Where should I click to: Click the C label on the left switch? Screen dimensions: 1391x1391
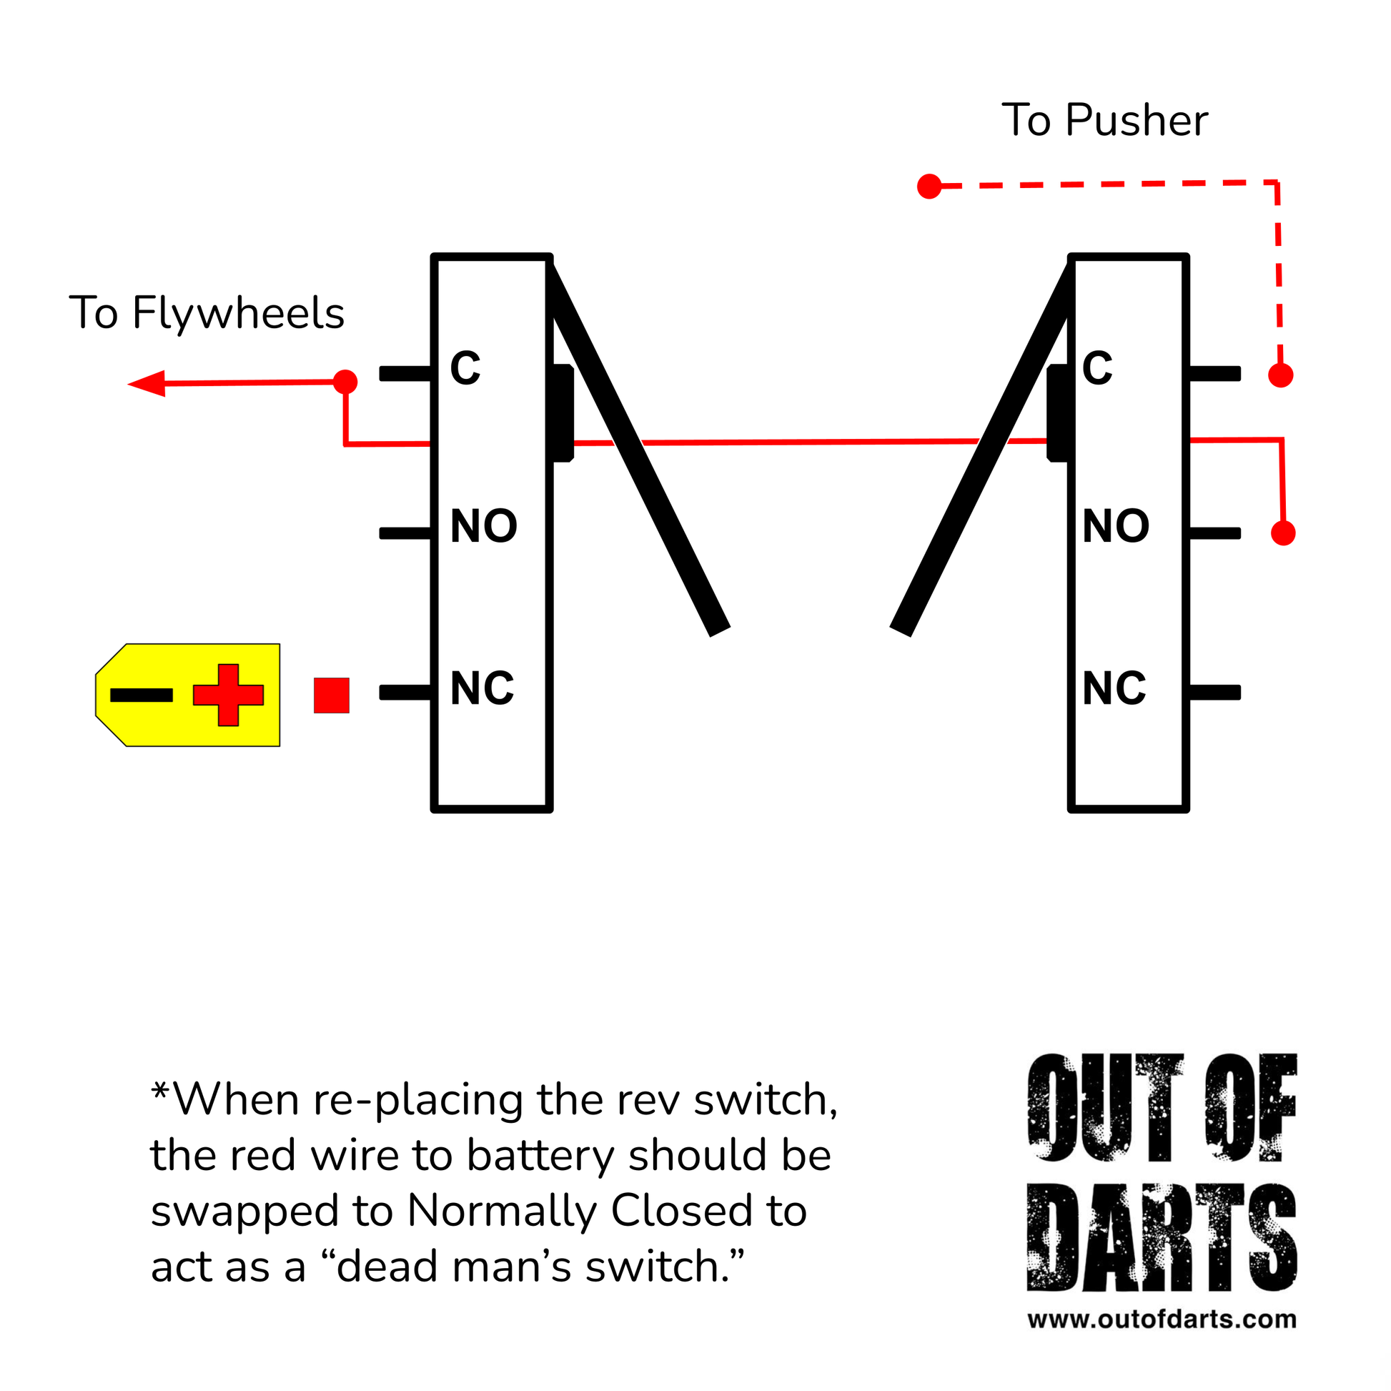tap(465, 368)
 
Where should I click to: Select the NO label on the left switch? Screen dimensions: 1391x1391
tap(484, 526)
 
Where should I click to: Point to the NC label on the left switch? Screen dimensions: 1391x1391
tap(482, 688)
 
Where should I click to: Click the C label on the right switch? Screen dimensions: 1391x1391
tap(1097, 368)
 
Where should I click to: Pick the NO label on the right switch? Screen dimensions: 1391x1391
tap(1116, 526)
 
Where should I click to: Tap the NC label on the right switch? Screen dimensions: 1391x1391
tap(1114, 688)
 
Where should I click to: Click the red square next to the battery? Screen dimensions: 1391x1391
tap(332, 695)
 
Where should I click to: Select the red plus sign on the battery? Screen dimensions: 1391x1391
tap(228, 695)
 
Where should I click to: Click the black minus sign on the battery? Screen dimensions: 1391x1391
tap(142, 695)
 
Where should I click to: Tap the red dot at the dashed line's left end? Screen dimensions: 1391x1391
tap(929, 187)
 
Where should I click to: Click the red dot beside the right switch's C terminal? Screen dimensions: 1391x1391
tap(1281, 375)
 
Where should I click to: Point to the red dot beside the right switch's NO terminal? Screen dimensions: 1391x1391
tap(1283, 533)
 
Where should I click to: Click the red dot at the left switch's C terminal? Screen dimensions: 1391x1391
tap(345, 382)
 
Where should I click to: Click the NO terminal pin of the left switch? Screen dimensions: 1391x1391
tap(405, 533)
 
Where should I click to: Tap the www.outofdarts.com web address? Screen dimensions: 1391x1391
tap(1162, 1319)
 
